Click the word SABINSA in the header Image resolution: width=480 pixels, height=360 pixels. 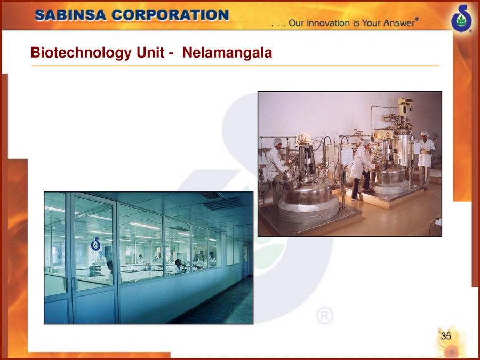pyautogui.click(x=71, y=15)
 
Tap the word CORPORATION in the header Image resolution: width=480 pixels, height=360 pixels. pyautogui.click(x=170, y=15)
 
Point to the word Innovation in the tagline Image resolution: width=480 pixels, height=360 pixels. pyautogui.click(x=324, y=23)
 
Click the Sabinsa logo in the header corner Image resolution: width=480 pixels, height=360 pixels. pyautogui.click(x=462, y=18)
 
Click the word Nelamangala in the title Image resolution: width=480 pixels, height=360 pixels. pyautogui.click(x=227, y=52)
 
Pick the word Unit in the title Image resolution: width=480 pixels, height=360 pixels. pyautogui.click(x=150, y=52)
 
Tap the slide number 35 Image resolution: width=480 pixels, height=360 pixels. pyautogui.click(x=446, y=336)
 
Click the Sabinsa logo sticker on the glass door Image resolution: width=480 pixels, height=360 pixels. pyautogui.click(x=96, y=244)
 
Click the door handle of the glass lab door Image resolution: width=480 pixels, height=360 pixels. pyautogui.click(x=73, y=284)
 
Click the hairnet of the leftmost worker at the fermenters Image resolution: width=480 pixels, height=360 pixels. pyautogui.click(x=277, y=142)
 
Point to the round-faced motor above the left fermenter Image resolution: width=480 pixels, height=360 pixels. pyautogui.click(x=303, y=139)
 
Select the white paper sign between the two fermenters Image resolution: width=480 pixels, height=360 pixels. pyautogui.click(x=347, y=156)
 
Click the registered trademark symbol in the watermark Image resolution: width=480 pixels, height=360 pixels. pyautogui.click(x=325, y=316)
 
